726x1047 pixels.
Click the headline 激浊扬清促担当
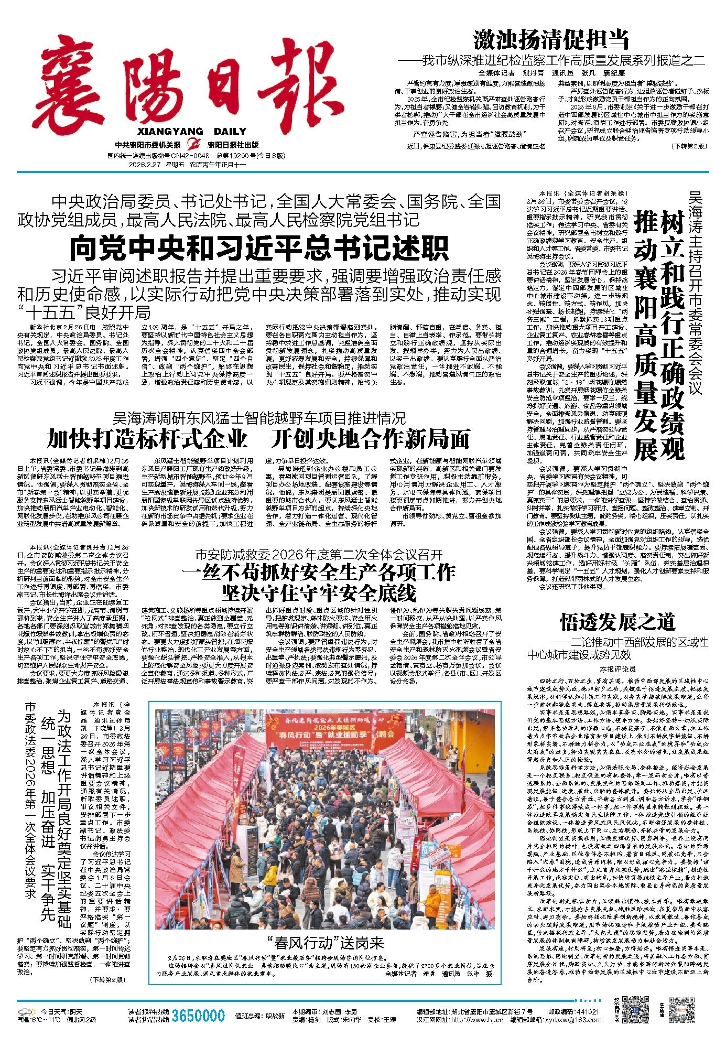(551, 40)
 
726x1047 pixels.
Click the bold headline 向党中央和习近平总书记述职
(259, 249)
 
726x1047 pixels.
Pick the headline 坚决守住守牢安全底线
(319, 592)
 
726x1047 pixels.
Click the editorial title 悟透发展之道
(616, 622)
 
